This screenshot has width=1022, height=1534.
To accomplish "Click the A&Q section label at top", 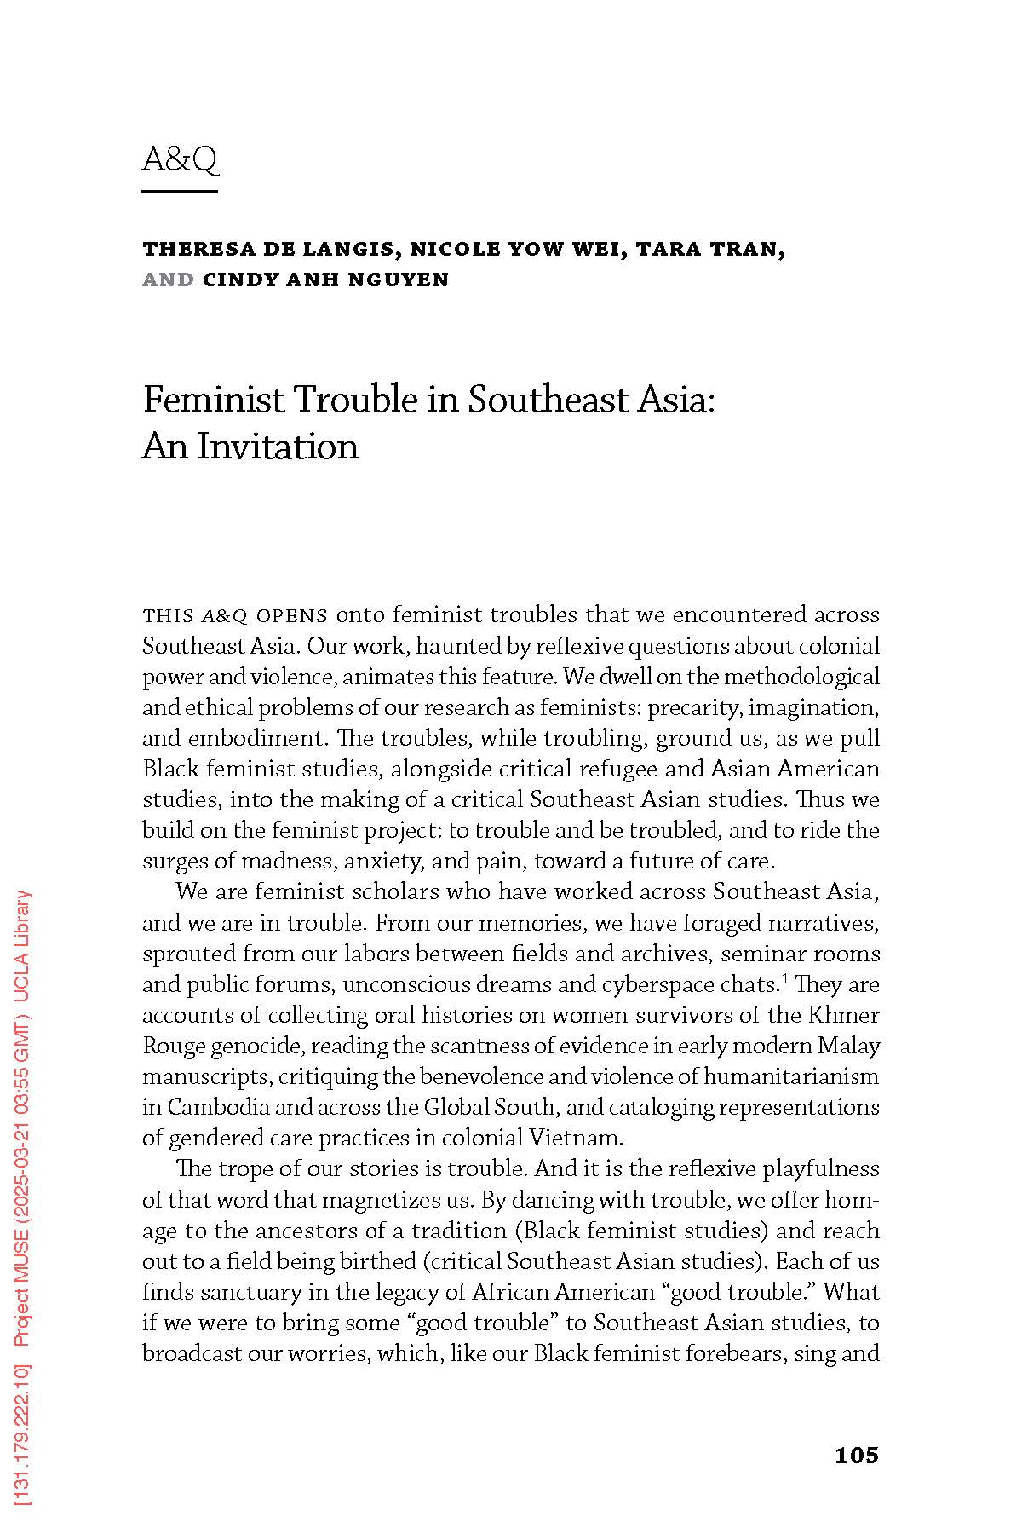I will (x=180, y=159).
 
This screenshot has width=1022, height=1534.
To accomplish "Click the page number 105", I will (x=856, y=1456).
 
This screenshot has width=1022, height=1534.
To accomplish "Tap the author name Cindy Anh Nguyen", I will (x=325, y=280).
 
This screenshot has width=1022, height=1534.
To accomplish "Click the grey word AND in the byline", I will (x=168, y=280).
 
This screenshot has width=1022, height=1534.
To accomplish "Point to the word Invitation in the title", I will (x=278, y=446).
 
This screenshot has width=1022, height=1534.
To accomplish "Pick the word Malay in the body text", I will (x=853, y=1046).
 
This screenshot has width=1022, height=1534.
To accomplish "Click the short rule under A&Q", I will (x=180, y=190).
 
